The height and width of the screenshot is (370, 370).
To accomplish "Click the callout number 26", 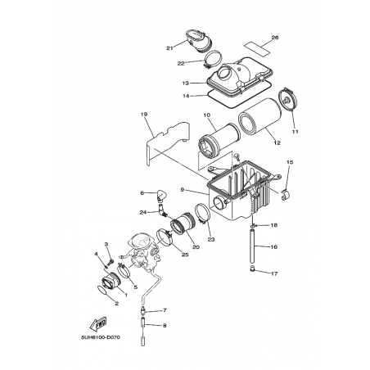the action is coord(275,38).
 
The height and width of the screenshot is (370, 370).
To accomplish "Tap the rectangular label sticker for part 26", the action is coord(256,48).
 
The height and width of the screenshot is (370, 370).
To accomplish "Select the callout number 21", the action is coord(169,48).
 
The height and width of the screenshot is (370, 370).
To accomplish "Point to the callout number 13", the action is coord(186,83).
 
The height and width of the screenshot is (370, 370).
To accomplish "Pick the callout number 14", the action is coord(186,96).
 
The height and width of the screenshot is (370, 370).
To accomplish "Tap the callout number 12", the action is coord(277,142).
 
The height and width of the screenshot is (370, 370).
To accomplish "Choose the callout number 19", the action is coord(144,115).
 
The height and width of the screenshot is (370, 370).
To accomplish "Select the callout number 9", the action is coord(183,190).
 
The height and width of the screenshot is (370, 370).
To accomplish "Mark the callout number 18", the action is coord(274,225).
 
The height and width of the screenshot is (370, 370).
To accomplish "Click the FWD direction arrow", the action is coord(98,324).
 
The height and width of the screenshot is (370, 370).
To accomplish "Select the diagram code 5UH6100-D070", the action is coord(101,337).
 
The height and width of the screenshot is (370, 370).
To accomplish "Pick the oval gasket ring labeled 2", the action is coord(102,290).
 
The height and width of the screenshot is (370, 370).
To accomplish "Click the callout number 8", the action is coord(165,325).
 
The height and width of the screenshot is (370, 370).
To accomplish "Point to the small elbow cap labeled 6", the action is coord(162,196).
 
